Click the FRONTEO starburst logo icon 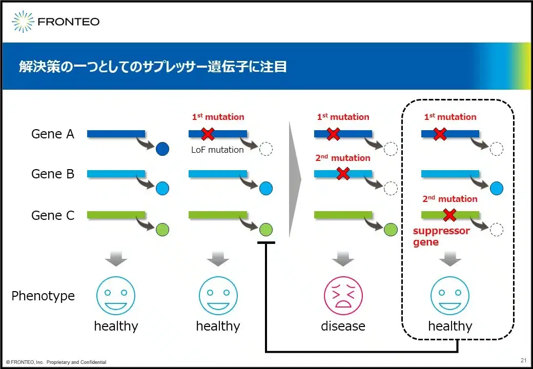pos(23,22)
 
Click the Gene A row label pos(53,134)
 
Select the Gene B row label pos(53,174)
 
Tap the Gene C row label pos(53,216)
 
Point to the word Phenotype pos(43,296)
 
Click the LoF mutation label pos(217,150)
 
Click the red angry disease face pos(343,296)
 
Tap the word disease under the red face pos(343,326)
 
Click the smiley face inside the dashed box pos(449,296)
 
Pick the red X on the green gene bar pos(449,214)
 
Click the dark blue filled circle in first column pos(162,149)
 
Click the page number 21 pos(523,359)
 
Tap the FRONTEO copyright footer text pos(56,362)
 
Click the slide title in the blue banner pos(152,67)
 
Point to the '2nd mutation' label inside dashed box pos(449,199)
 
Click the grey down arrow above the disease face pos(343,259)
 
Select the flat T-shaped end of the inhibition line pos(265,243)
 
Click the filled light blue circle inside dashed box pos(496,189)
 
